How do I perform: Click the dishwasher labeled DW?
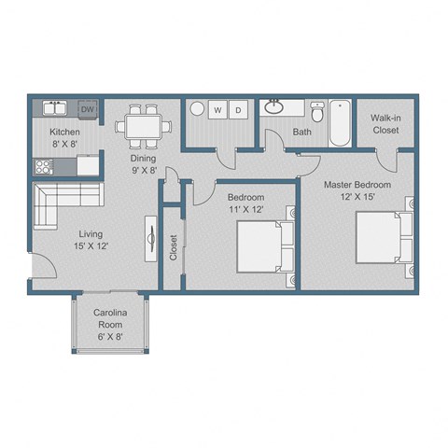click(88, 109)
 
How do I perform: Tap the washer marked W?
click(218, 110)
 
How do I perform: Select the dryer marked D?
click(238, 110)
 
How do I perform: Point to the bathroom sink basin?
click(275, 107)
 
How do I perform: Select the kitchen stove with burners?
click(43, 168)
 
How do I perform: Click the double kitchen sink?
click(52, 109)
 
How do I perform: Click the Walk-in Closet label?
click(385, 124)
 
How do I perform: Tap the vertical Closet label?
click(174, 247)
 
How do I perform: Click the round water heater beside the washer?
click(197, 110)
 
